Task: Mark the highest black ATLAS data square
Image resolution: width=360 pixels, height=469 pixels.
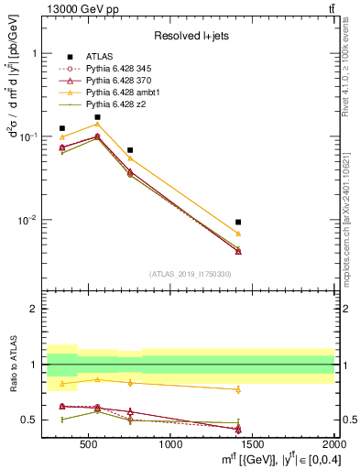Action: click(x=97, y=117)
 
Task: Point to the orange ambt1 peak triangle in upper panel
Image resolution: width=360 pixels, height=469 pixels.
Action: click(x=97, y=124)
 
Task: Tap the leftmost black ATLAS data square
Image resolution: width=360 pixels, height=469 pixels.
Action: click(x=62, y=129)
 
